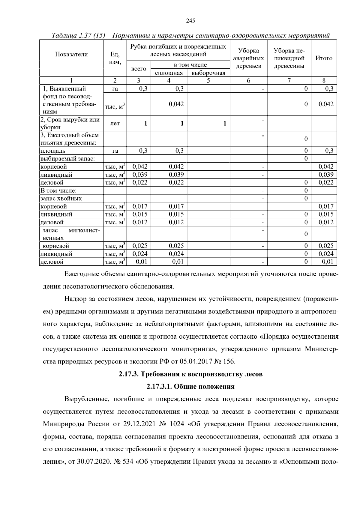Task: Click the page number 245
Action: pyautogui.click(x=190, y=21)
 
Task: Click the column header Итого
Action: pyautogui.click(x=324, y=58)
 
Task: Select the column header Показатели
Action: pyautogui.click(x=71, y=54)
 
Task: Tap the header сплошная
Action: pyautogui.click(x=169, y=73)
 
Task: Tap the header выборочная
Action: pyautogui.click(x=208, y=73)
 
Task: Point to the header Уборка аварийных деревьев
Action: pyautogui.click(x=248, y=58)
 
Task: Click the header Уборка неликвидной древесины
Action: pyautogui.click(x=289, y=58)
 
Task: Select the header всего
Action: pyautogui.click(x=139, y=69)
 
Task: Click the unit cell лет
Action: pyautogui.click(x=115, y=124)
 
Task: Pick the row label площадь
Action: pyautogui.click(x=53, y=151)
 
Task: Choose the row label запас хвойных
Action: pyautogui.click(x=61, y=199)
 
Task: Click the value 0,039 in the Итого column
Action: pyautogui.click(x=326, y=175)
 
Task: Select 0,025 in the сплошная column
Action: pyautogui.click(x=176, y=246)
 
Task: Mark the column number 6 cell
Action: pyautogui.click(x=248, y=80)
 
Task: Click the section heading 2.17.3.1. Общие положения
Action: pyautogui.click(x=190, y=387)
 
